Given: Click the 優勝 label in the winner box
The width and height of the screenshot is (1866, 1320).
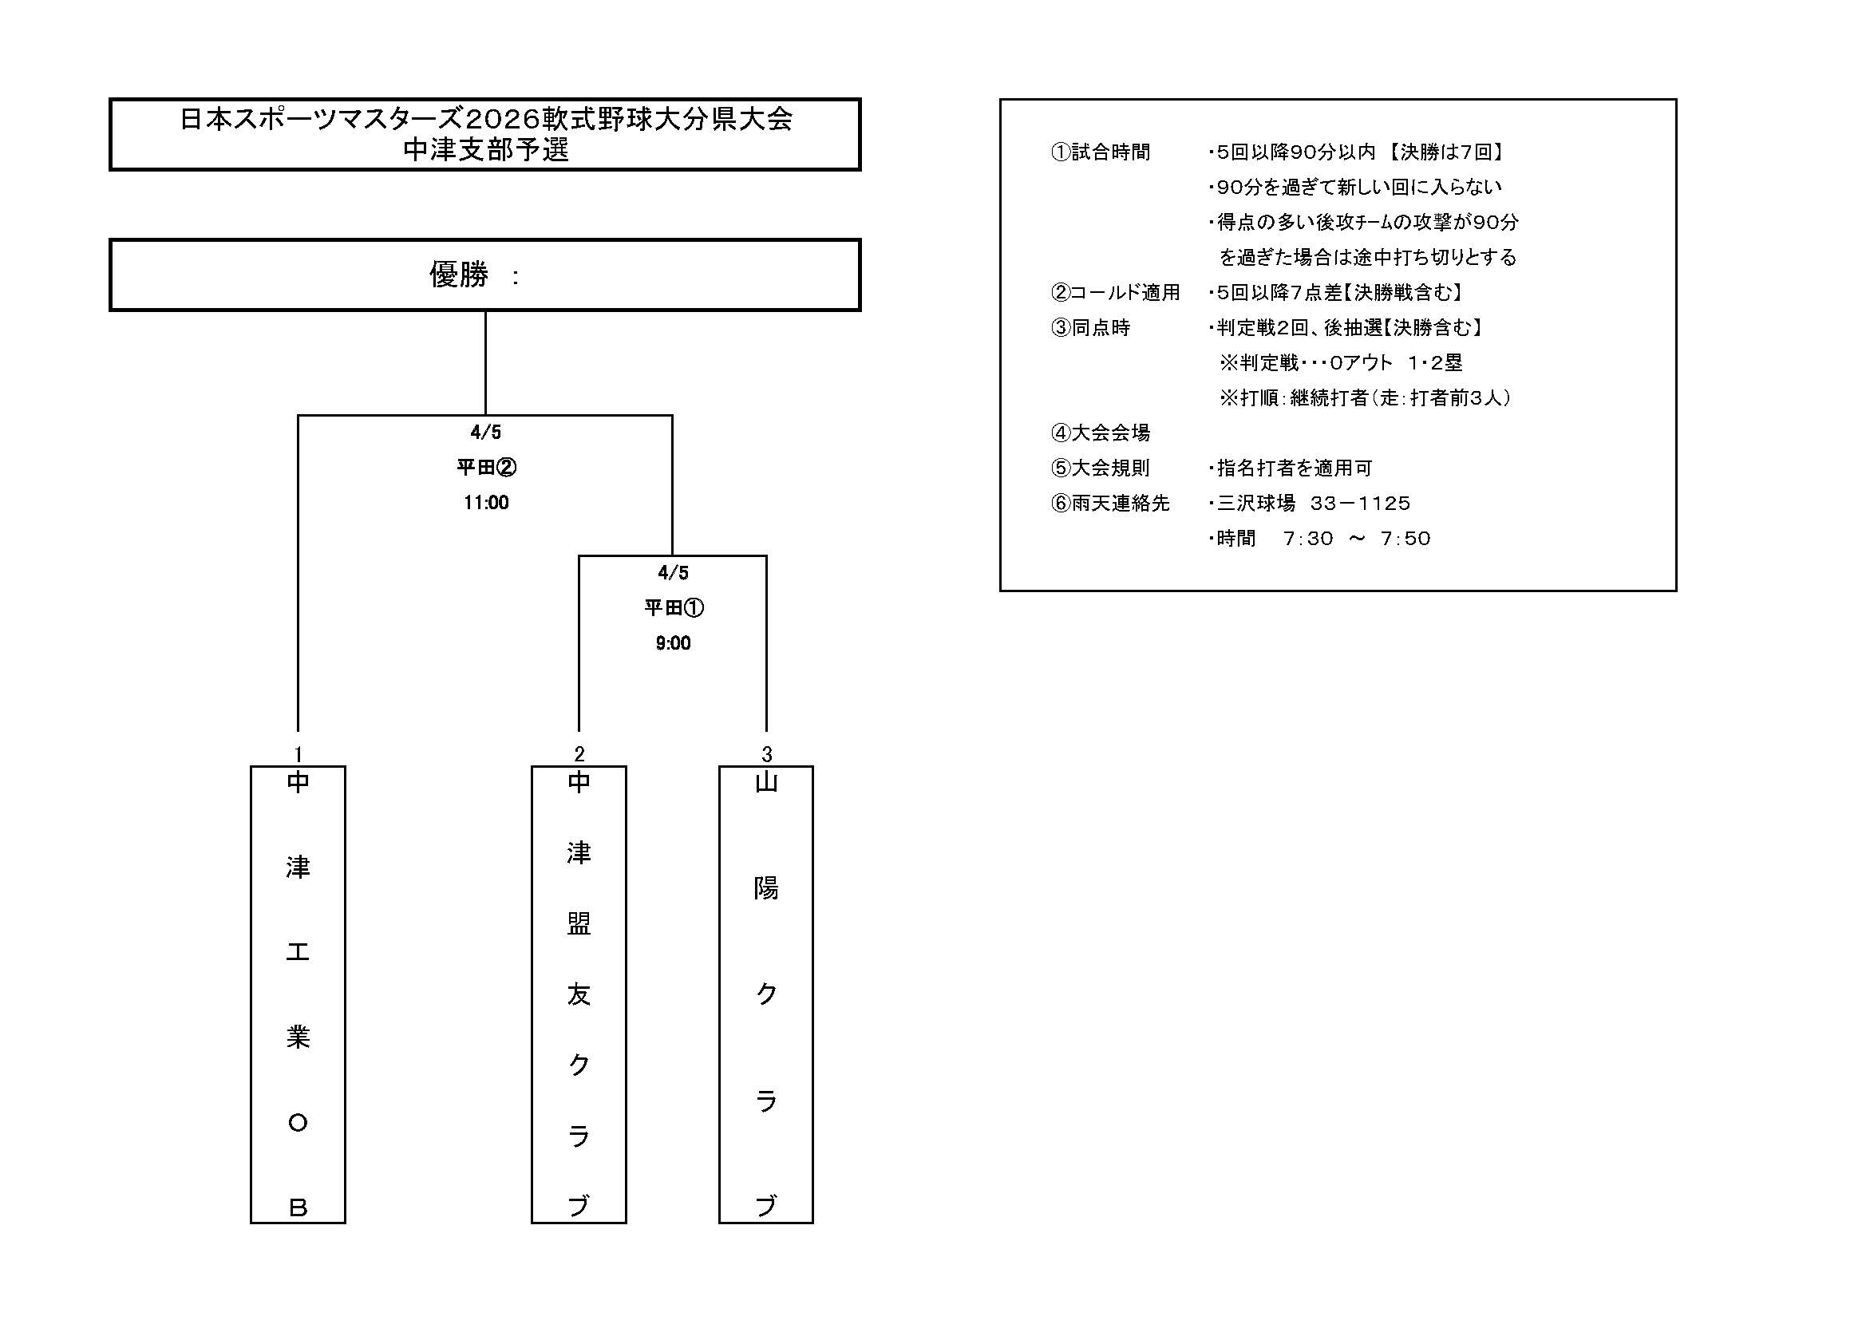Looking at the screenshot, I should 458,275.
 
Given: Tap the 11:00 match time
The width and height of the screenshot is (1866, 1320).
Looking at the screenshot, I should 486,503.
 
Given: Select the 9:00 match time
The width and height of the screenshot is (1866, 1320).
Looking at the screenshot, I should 673,644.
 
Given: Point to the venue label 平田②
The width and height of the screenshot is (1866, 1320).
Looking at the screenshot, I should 486,468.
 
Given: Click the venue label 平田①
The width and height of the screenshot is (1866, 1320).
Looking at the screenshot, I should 674,608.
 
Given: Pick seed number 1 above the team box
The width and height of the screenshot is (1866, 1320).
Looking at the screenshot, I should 298,754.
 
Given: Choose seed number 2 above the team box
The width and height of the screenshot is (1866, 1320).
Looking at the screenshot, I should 579,754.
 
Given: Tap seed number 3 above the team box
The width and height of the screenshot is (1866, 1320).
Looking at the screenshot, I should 766,754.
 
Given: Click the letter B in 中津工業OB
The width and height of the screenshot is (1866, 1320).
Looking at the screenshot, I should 298,1208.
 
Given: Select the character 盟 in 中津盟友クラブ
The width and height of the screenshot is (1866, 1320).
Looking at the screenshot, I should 579,923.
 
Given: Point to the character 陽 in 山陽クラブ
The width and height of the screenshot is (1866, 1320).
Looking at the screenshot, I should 766,888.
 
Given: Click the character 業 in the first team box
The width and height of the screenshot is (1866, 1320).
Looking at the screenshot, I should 298,1037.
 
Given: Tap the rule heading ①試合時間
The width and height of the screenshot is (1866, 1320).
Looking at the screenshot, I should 1101,152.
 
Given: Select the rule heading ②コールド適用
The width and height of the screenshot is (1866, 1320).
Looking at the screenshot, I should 1115,293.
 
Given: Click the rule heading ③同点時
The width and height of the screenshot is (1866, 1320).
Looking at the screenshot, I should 1091,327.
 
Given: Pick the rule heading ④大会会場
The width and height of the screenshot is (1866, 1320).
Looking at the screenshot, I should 1101,433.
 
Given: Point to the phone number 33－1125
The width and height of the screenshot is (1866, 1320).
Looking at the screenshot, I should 1361,503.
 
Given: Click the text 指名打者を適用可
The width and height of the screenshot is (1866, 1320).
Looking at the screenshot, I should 1294,468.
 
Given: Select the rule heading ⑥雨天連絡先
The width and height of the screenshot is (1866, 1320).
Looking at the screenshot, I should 1110,503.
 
